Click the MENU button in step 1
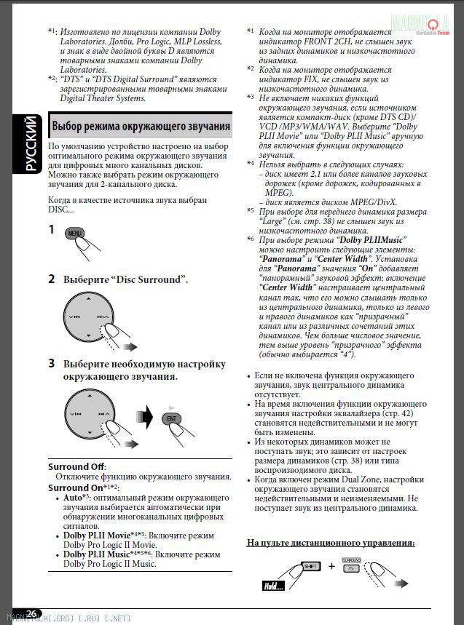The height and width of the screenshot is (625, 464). [x=74, y=233]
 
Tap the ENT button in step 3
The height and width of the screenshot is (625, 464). [x=171, y=418]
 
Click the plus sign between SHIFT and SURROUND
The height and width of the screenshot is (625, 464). [x=332, y=565]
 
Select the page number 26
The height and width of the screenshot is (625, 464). [x=32, y=613]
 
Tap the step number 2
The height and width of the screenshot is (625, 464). [x=52, y=279]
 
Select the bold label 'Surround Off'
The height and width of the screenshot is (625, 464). [x=76, y=466]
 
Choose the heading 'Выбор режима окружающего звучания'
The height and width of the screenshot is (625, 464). [x=141, y=126]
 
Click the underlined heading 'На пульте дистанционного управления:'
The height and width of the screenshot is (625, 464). [x=331, y=543]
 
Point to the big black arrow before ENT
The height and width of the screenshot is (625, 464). [x=146, y=418]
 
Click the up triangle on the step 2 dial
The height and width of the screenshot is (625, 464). [x=87, y=300]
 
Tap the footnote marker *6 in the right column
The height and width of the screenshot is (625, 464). [x=250, y=239]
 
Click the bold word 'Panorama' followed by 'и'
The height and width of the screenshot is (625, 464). [x=280, y=258]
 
